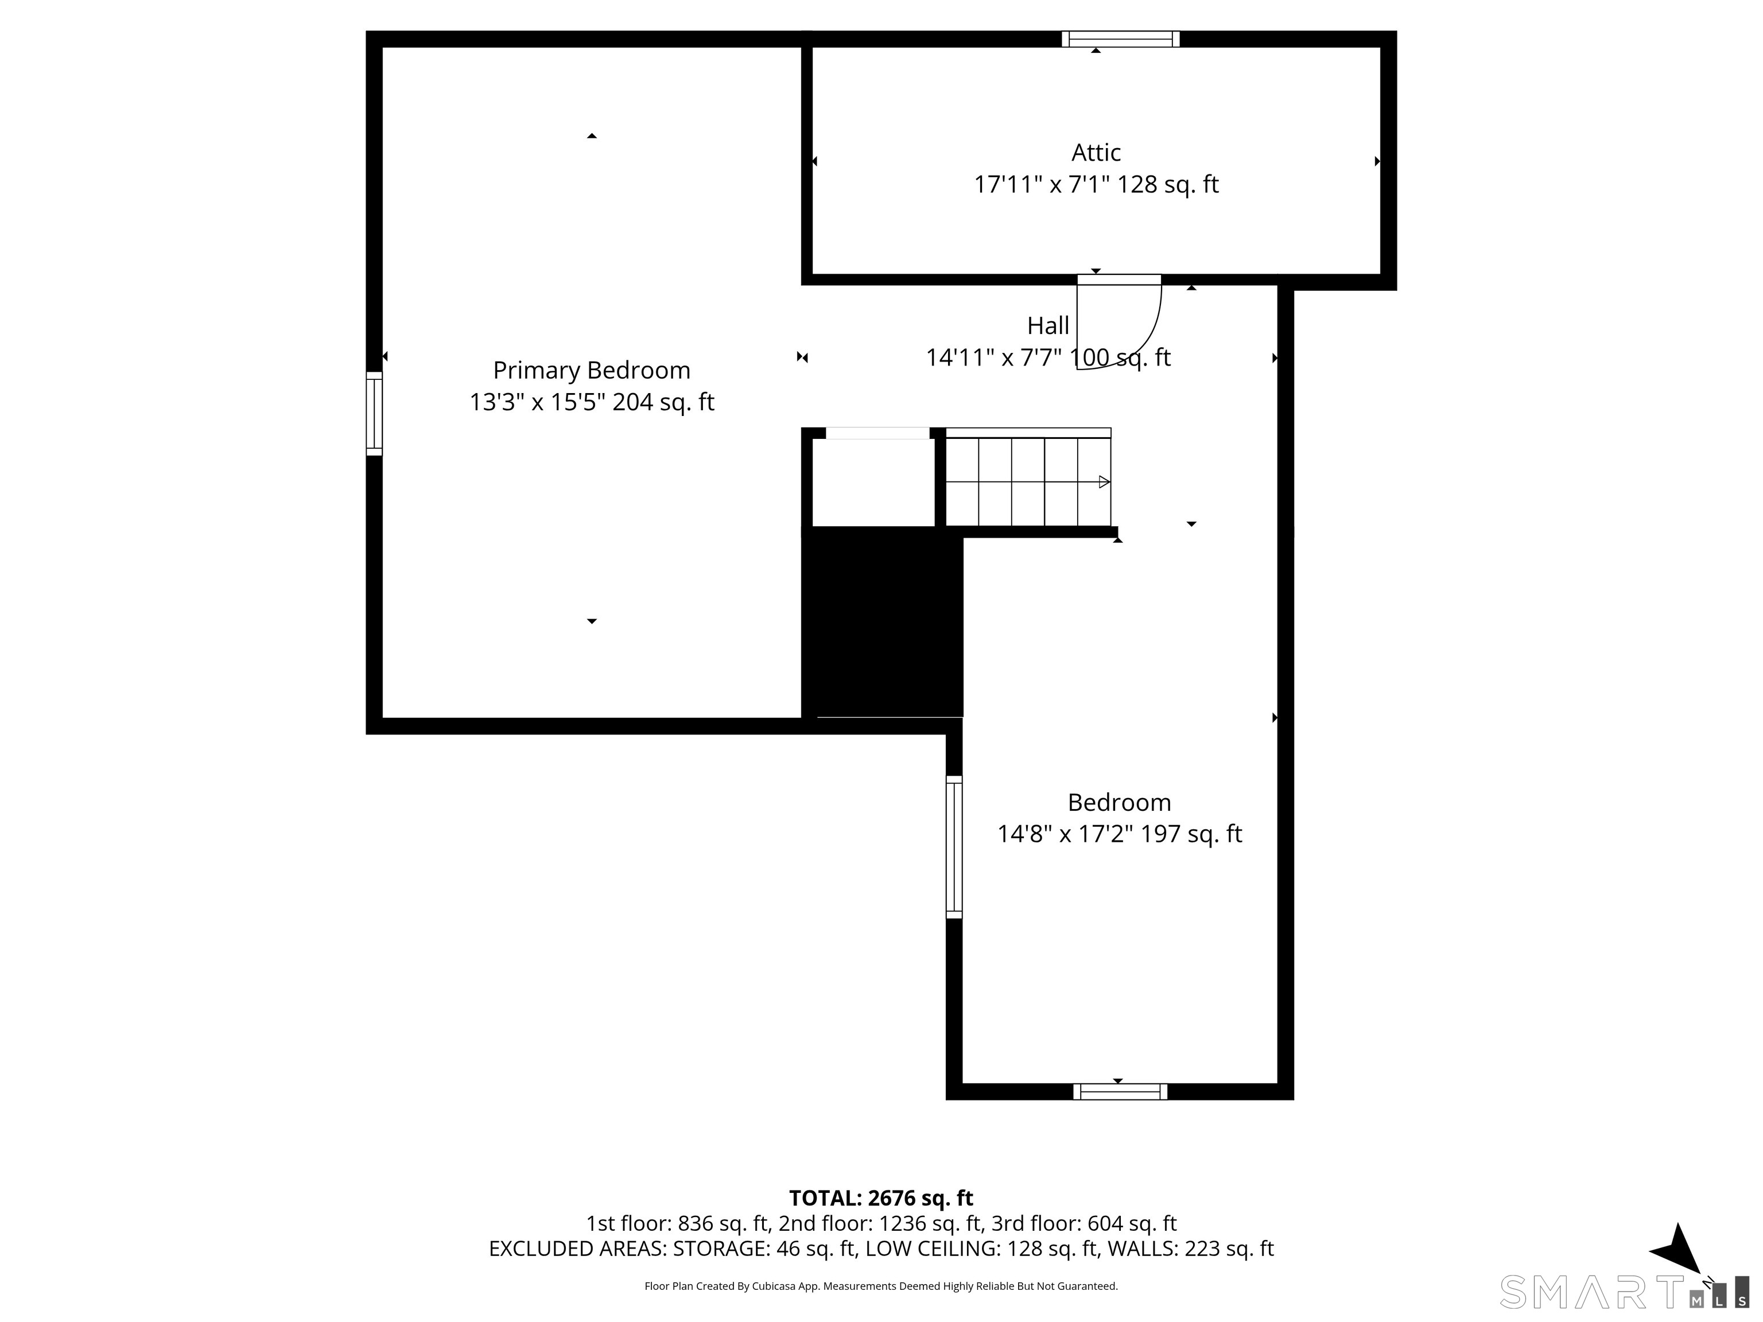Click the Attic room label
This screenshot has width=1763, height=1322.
pyautogui.click(x=1096, y=152)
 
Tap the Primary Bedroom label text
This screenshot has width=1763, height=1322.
pyautogui.click(x=591, y=371)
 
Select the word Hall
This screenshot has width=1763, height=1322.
pyautogui.click(x=1048, y=325)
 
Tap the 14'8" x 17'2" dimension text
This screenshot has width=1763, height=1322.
pyautogui.click(x=1064, y=834)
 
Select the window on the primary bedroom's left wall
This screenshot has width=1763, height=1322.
pyautogui.click(x=374, y=414)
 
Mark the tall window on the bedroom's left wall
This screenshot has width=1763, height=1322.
pyautogui.click(x=954, y=847)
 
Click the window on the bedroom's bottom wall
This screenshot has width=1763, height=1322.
pyautogui.click(x=1120, y=1092)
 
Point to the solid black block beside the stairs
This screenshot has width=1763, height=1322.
pyautogui.click(x=882, y=621)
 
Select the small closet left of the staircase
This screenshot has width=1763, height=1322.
pyautogui.click(x=873, y=482)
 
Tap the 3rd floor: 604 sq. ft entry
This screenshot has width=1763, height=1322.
pyautogui.click(x=1084, y=1223)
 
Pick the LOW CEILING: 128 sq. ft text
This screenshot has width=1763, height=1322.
pyautogui.click(x=981, y=1249)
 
